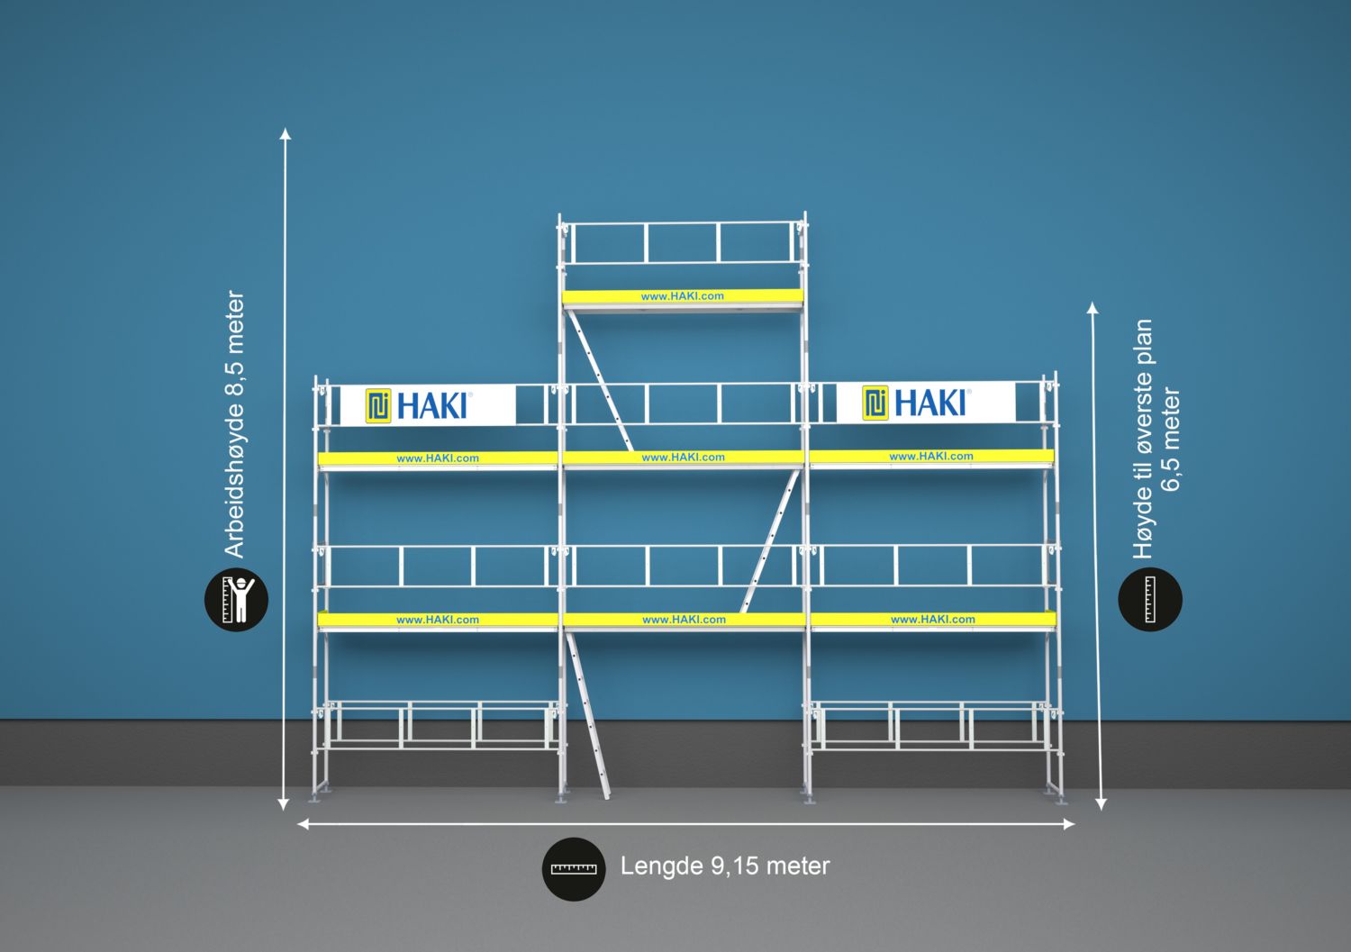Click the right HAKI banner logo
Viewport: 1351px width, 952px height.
point(916,403)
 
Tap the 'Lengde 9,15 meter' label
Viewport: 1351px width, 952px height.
point(724,866)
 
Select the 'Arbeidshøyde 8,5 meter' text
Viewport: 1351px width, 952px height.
point(234,423)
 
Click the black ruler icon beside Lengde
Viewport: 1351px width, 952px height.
point(574,869)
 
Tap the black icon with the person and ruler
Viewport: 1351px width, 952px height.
point(237,599)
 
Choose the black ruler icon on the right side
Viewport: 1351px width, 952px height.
point(1149,599)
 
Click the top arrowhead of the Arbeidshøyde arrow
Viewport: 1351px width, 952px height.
point(286,134)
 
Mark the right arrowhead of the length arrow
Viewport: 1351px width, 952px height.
point(1069,823)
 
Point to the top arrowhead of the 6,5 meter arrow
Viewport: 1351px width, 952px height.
point(1093,308)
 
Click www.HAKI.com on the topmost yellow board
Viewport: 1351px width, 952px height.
point(682,296)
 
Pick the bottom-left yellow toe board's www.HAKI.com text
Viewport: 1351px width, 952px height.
point(438,620)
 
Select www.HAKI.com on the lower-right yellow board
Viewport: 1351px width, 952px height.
point(932,620)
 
